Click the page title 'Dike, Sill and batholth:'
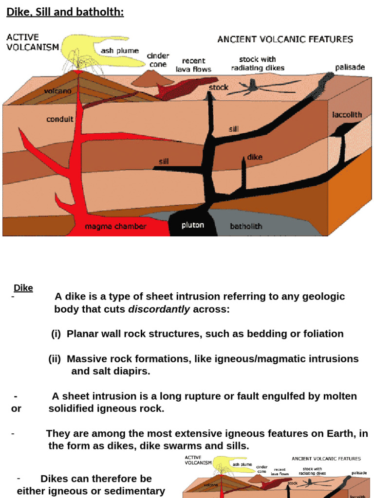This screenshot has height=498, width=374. point(65,12)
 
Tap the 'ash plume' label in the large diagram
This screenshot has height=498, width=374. point(120,51)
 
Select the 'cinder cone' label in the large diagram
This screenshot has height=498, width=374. point(158,60)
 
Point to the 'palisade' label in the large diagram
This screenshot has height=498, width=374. point(350,67)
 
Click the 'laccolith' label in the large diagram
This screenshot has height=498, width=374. point(347,115)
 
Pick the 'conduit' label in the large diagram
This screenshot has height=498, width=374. point(60,119)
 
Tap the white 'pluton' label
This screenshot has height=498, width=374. point(193,225)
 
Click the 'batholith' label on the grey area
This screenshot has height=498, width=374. point(246,226)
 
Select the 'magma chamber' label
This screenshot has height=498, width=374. point(115,227)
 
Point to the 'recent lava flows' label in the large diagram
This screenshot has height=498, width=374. point(193,65)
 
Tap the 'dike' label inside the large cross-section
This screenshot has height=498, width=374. point(255,157)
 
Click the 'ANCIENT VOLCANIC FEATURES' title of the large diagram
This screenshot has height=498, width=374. point(285,39)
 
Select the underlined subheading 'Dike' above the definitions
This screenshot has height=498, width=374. point(23,288)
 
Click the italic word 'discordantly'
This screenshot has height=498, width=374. point(159,309)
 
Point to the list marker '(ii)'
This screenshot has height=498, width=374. point(55,359)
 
